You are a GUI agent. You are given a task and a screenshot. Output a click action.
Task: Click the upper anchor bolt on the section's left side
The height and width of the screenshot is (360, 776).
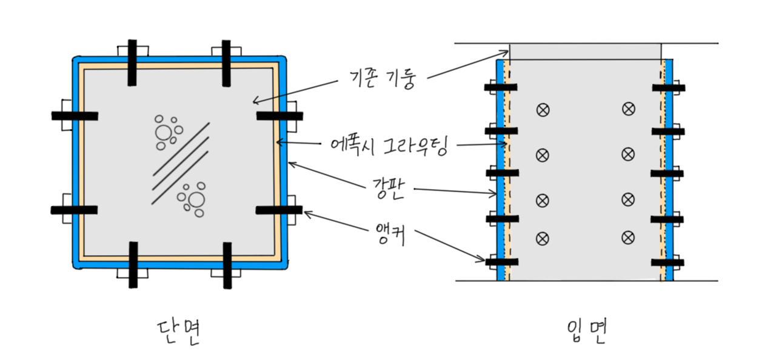(74, 115)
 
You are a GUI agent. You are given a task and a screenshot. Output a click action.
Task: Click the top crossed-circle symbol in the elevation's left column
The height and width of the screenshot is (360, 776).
(543, 110)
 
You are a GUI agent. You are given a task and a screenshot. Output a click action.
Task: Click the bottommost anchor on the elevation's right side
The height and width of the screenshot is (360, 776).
(668, 262)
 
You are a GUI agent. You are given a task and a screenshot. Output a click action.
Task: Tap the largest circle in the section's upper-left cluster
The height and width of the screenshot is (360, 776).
(163, 132)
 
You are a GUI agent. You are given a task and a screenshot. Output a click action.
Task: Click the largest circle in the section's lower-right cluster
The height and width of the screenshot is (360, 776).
(195, 199)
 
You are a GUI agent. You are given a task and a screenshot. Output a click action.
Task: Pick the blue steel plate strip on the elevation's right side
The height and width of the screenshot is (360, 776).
(669, 170)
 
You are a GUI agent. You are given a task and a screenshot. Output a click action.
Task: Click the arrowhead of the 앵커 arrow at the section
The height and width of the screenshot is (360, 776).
(305, 213)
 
